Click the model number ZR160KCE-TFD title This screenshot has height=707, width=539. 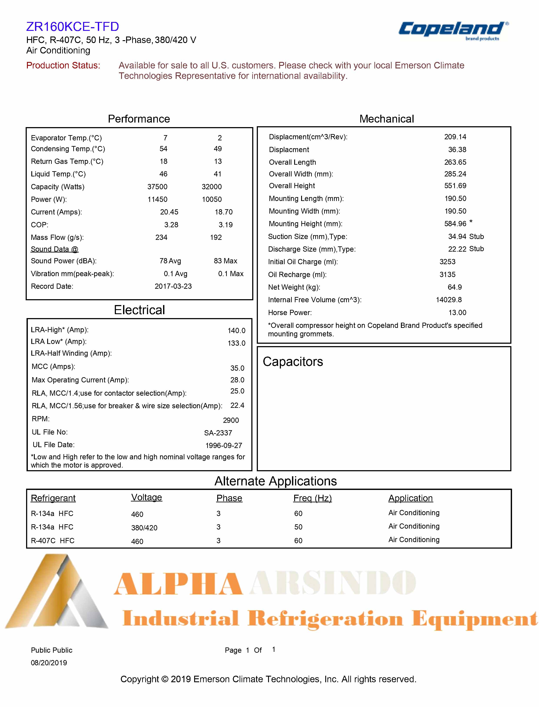pyautogui.click(x=72, y=27)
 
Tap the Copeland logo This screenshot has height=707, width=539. pyautogui.click(x=453, y=30)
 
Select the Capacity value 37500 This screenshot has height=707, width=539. pyautogui.click(x=157, y=187)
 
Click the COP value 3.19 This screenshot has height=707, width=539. pyautogui.click(x=225, y=225)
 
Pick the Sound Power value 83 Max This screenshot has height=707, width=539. pyautogui.click(x=225, y=261)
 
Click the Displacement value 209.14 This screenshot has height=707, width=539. pyautogui.click(x=455, y=137)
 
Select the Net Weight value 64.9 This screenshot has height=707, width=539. pyautogui.click(x=455, y=287)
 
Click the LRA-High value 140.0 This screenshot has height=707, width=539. pyautogui.click(x=237, y=330)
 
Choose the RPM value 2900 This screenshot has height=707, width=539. pyautogui.click(x=231, y=420)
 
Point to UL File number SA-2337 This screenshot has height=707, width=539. pyautogui.click(x=218, y=433)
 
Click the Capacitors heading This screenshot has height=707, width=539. pyautogui.click(x=293, y=362)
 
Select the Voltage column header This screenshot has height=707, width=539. pyautogui.click(x=147, y=497)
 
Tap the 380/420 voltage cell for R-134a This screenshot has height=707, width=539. pyautogui.click(x=144, y=528)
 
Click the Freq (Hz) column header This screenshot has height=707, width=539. pyautogui.click(x=312, y=498)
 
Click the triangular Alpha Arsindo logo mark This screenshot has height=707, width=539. pyautogui.click(x=58, y=593)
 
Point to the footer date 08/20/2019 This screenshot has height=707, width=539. pyautogui.click(x=49, y=663)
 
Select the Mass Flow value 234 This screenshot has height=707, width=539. pyautogui.click(x=161, y=238)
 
